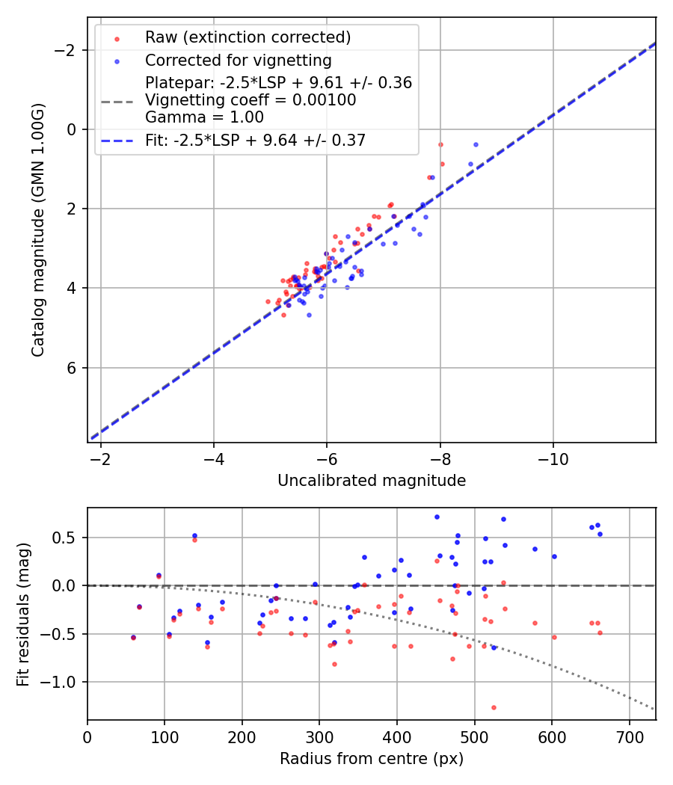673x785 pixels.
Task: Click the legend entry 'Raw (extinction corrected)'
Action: click(248, 37)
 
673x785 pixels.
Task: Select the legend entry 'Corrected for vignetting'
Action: click(238, 60)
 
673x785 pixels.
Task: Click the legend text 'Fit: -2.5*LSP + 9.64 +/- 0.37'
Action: click(255, 141)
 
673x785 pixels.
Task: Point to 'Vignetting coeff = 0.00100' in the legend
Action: click(251, 100)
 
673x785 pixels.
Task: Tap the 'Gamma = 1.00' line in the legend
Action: click(204, 117)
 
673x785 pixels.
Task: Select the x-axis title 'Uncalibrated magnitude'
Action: click(372, 481)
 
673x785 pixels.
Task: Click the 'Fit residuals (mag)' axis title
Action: click(22, 613)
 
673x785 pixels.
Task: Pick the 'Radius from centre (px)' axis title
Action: click(372, 759)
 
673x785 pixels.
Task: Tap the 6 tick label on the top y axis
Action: click(73, 368)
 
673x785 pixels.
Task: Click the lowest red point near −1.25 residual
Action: click(494, 707)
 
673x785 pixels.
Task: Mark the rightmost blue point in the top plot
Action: click(476, 144)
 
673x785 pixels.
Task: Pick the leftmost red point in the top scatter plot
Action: click(268, 301)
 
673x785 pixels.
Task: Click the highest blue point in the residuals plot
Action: click(437, 517)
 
